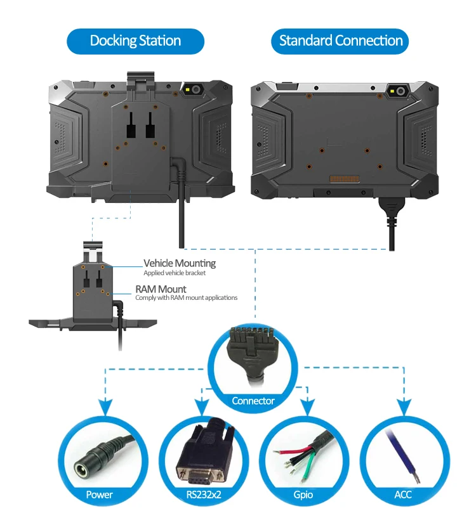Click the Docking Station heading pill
(x=135, y=41)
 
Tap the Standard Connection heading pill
(x=340, y=41)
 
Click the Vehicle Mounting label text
(x=180, y=263)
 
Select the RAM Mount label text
(x=161, y=289)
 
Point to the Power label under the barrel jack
(x=99, y=495)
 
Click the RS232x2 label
(x=204, y=495)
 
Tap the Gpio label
(x=303, y=495)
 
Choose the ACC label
(x=403, y=495)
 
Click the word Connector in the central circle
(x=253, y=401)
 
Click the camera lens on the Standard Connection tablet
(x=400, y=91)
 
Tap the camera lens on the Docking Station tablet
(x=196, y=89)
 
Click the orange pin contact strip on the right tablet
(x=344, y=179)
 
